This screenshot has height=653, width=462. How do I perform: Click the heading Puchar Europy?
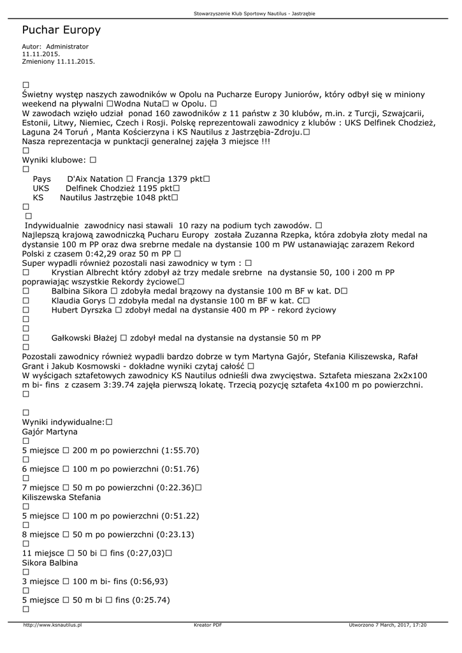pyautogui.click(x=61, y=30)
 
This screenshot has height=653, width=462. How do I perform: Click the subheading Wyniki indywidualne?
pyautogui.click(x=64, y=422)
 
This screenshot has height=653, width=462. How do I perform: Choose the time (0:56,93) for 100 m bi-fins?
pyautogui.click(x=149, y=582)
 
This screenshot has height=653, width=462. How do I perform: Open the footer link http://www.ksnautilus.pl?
pyautogui.click(x=52, y=625)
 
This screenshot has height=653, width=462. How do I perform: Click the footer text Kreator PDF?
pyautogui.click(x=208, y=625)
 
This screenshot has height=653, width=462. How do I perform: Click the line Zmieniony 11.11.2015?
pyautogui.click(x=58, y=61)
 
